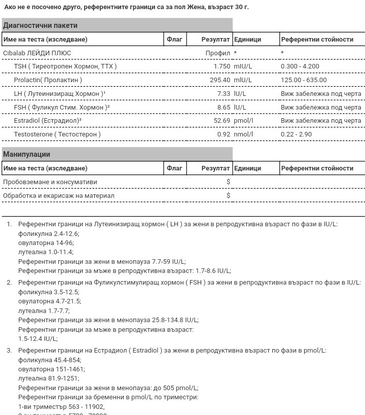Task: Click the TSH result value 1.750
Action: point(222,66)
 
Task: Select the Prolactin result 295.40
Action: point(220,80)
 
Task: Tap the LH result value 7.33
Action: point(224,94)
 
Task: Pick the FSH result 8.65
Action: point(224,108)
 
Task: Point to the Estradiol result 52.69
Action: point(222,121)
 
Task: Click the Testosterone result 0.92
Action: point(224,134)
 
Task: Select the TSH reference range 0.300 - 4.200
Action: point(300,66)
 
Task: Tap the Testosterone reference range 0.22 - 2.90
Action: point(297,134)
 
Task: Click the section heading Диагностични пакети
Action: point(41,25)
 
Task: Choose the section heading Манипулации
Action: point(26,154)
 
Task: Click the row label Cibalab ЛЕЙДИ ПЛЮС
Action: point(37,53)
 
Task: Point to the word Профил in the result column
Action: point(217,53)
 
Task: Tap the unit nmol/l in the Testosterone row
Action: point(243,134)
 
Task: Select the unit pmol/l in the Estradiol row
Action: point(243,121)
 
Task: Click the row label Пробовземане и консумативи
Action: point(50,182)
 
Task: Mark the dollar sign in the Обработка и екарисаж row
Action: point(229,195)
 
